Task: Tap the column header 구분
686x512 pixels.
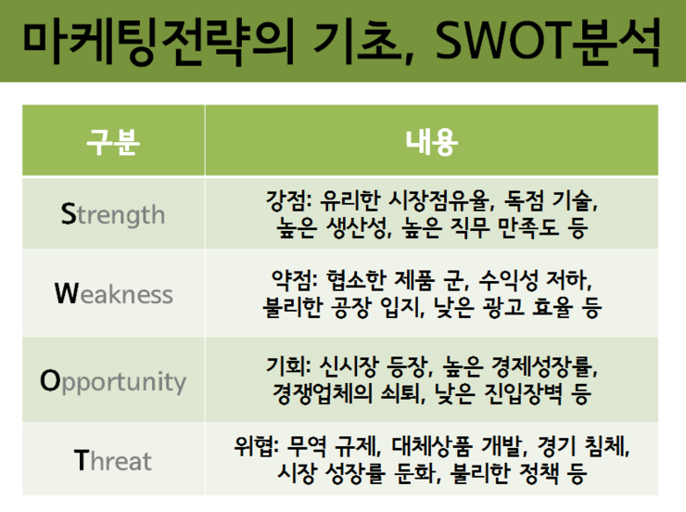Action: point(113,142)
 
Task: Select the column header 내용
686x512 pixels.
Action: point(431,142)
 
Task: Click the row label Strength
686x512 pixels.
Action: point(113,214)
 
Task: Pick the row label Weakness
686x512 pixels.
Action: point(114,294)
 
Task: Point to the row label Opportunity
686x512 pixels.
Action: point(113,381)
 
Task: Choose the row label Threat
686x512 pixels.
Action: point(113,460)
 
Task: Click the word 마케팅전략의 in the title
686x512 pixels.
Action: point(159,43)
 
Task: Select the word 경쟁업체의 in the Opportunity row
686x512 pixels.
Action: point(323,393)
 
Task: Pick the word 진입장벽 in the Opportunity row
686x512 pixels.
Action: point(523,393)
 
